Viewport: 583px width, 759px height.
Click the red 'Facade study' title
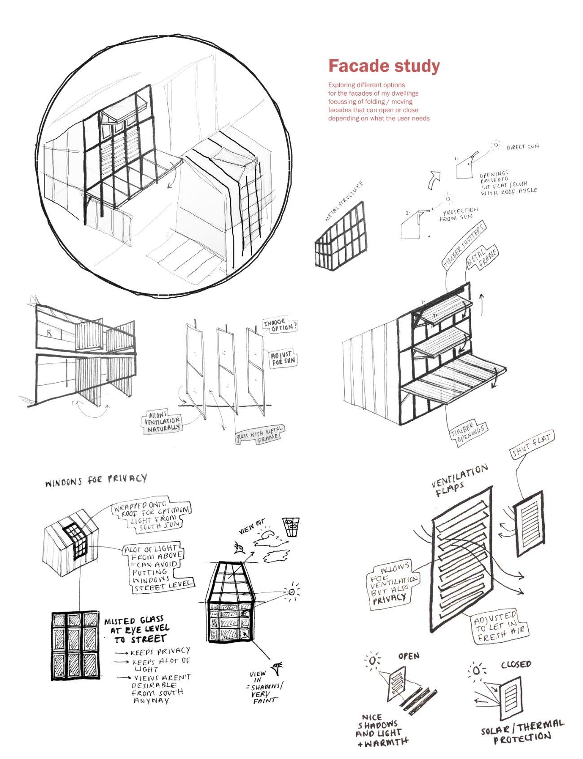pos(384,66)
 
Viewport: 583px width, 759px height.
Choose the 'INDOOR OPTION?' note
pos(280,326)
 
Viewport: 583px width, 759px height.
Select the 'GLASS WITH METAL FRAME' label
pos(260,434)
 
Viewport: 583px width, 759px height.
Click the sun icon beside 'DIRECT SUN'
pos(496,146)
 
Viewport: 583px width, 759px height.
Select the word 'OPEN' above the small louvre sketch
pos(408,656)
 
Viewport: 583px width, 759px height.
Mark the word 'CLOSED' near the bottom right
pos(516,664)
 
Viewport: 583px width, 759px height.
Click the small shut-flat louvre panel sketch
pos(530,524)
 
